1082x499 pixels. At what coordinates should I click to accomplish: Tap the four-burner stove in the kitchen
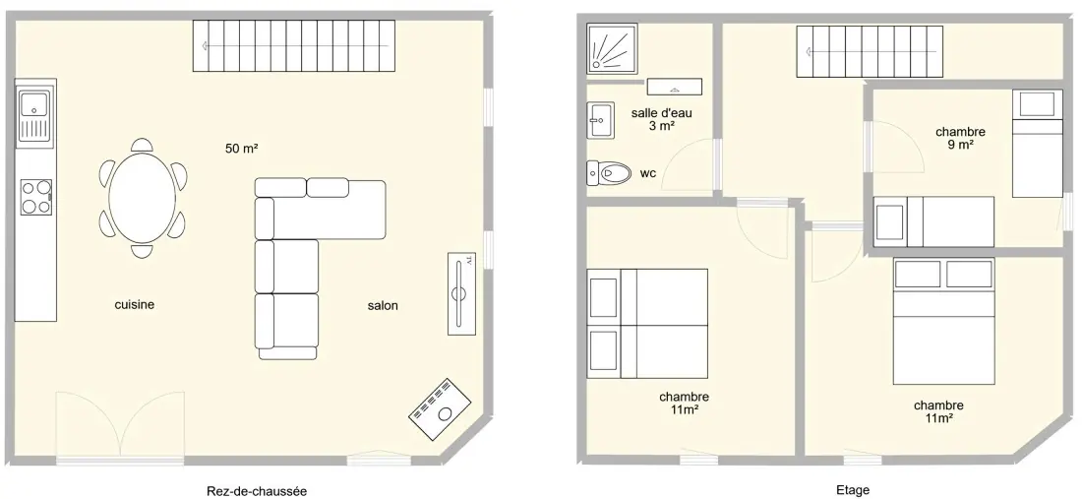click(x=35, y=197)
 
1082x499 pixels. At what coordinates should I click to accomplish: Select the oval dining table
click(x=143, y=198)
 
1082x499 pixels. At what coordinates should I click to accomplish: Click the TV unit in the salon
click(x=461, y=293)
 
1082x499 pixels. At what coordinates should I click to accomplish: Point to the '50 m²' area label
click(x=242, y=149)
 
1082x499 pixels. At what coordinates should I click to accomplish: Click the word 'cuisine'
click(x=135, y=304)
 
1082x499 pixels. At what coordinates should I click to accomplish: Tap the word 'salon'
click(x=383, y=306)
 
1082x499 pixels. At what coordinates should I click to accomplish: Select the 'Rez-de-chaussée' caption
click(x=257, y=491)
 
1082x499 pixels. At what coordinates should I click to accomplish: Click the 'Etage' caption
click(x=853, y=491)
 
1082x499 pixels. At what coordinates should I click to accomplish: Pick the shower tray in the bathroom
click(x=612, y=48)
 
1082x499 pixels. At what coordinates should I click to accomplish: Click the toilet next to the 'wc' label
click(x=609, y=172)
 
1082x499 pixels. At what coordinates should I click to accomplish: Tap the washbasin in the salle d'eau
click(x=600, y=120)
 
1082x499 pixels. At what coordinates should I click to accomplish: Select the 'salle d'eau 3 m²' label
click(x=661, y=119)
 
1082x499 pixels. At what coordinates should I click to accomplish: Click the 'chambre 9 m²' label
click(x=960, y=138)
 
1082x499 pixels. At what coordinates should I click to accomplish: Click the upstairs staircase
click(x=870, y=52)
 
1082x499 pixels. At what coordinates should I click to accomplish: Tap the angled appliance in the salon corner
click(x=440, y=408)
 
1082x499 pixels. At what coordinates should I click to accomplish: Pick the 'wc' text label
click(x=647, y=174)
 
